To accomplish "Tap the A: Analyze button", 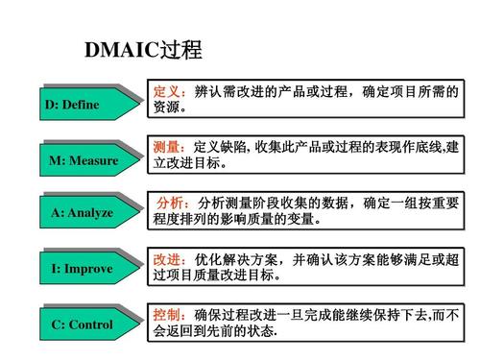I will click(x=82, y=212).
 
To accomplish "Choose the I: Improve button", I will click(x=82, y=268).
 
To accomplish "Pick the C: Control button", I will click(x=82, y=324).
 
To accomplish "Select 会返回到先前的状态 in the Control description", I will click(x=215, y=331).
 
